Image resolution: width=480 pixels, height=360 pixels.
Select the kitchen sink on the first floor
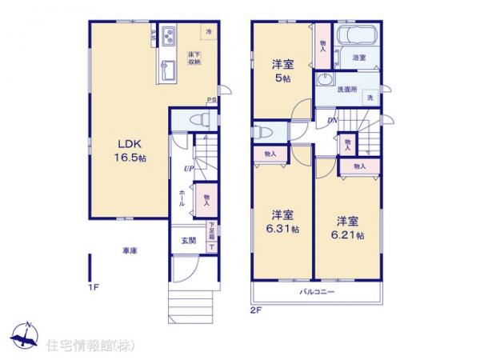coord(169,67)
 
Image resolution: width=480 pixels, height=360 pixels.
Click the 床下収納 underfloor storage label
coord(194,58)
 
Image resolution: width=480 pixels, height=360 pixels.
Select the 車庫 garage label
coord(130,251)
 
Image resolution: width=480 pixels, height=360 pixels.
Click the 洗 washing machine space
coord(370,97)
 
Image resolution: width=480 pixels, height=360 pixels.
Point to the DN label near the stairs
coord(331,121)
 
